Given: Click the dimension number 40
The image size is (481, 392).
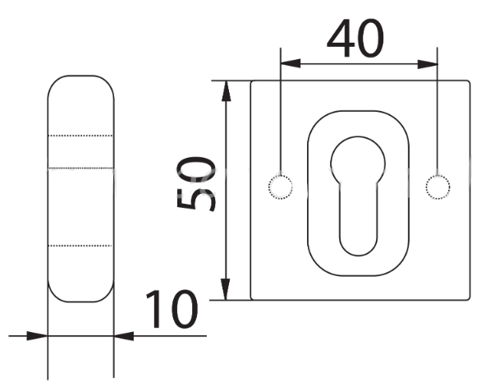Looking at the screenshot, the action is [x=355, y=39].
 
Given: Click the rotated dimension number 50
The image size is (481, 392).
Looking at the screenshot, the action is [x=196, y=184].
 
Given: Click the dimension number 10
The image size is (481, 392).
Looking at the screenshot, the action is [x=172, y=309].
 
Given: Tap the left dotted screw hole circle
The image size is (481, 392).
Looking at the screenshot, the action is [x=281, y=187].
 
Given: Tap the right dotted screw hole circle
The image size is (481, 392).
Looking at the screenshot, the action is [x=437, y=187].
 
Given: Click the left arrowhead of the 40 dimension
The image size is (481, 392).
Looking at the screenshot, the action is [x=291, y=63].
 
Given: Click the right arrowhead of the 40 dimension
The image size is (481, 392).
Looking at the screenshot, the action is [x=428, y=64].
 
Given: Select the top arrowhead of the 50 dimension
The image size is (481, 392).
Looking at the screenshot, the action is [x=226, y=91].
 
